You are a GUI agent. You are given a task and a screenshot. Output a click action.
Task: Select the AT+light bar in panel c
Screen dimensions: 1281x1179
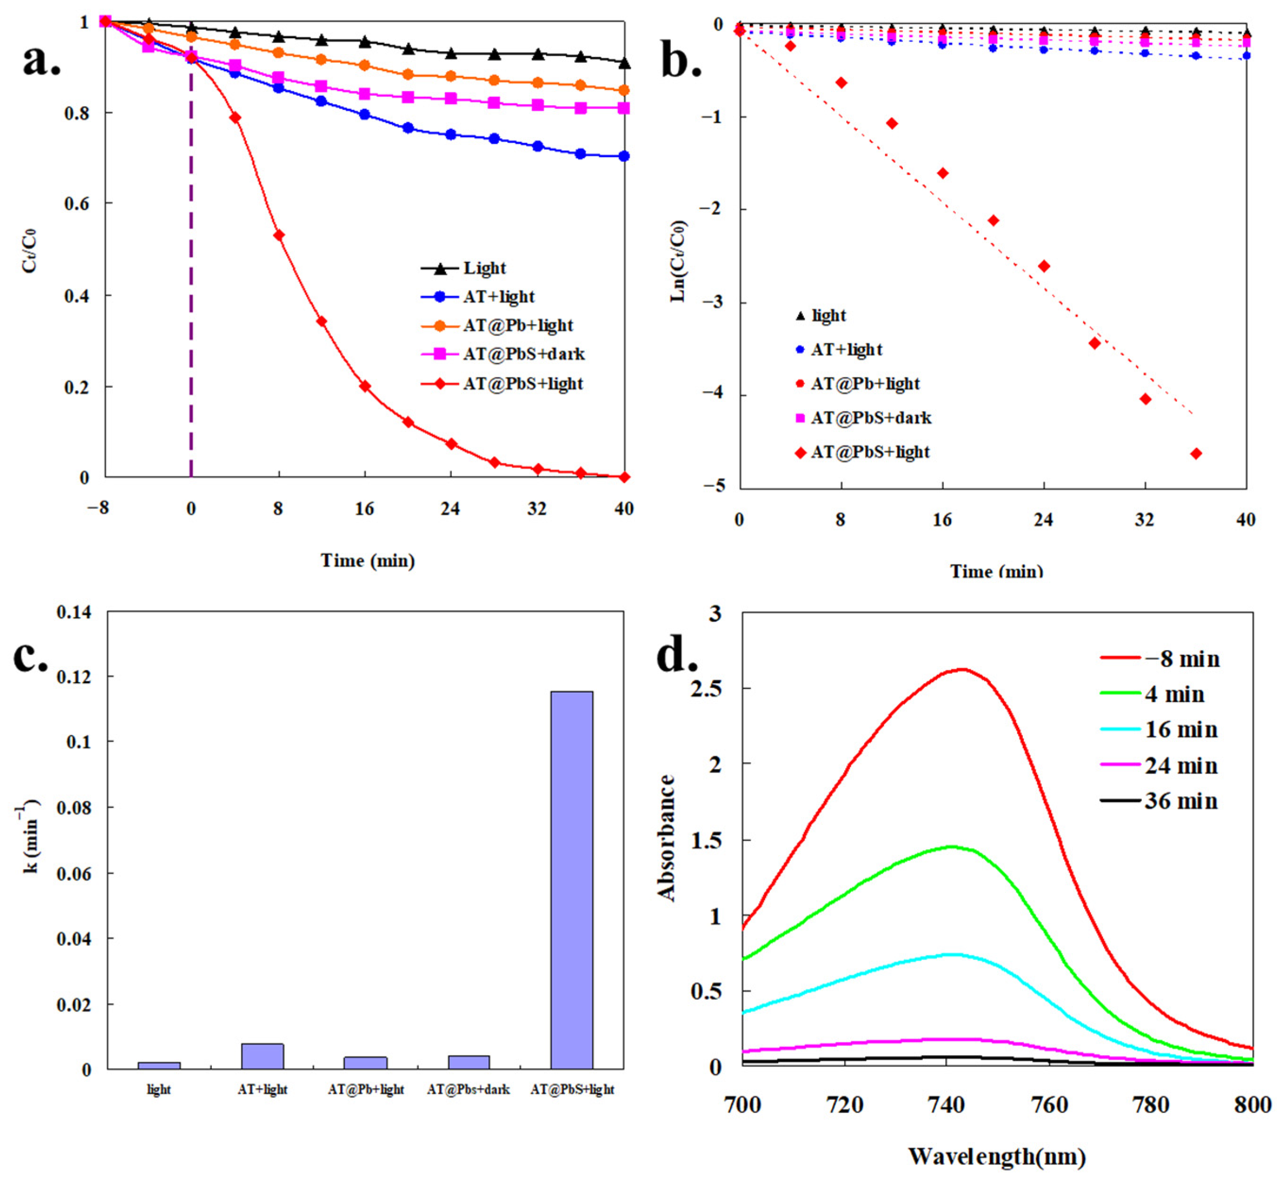(x=262, y=1056)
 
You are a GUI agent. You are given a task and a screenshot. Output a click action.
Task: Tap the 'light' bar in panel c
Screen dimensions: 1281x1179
(x=159, y=1065)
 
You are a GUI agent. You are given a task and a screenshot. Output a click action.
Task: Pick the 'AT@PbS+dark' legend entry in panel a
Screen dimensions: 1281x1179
(x=503, y=354)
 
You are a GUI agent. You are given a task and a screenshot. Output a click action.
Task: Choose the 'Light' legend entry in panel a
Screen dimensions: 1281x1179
(x=464, y=268)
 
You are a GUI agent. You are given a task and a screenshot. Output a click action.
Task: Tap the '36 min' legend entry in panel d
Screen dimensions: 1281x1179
(x=1159, y=801)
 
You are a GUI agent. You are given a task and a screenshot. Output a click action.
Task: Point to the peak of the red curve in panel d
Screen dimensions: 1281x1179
(x=962, y=669)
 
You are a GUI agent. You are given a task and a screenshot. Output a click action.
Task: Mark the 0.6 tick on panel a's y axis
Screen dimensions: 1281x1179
(x=106, y=203)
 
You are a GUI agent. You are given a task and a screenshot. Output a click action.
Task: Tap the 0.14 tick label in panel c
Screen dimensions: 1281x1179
(x=74, y=612)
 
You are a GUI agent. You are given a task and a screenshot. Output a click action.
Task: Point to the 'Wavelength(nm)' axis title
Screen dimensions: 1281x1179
(x=998, y=1156)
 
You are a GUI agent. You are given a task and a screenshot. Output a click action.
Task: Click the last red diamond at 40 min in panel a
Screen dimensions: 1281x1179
(x=624, y=477)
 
